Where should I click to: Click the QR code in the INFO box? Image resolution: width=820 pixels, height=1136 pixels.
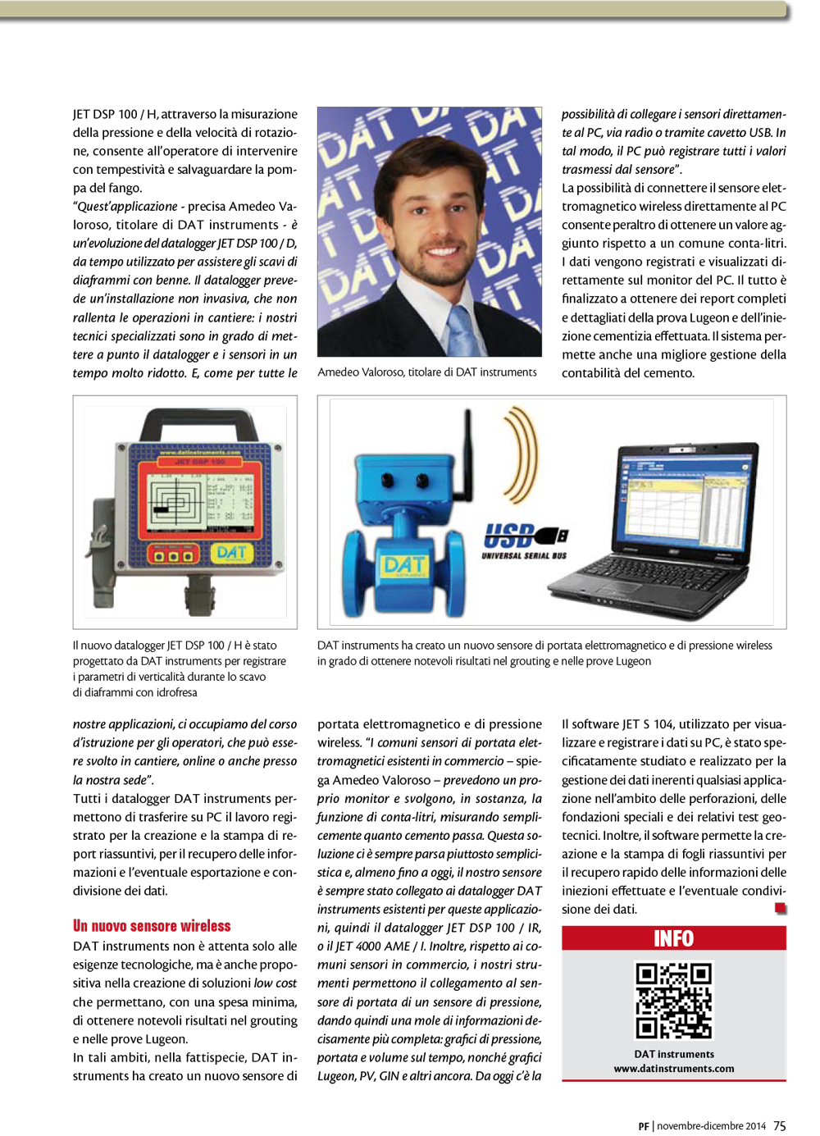click(673, 1001)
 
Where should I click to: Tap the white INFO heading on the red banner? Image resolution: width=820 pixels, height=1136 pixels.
click(673, 938)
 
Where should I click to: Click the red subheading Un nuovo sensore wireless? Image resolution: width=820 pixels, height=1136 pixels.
click(152, 926)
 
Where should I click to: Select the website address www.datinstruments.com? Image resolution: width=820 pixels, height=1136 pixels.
click(673, 1069)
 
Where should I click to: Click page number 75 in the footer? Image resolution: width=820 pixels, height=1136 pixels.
click(779, 1126)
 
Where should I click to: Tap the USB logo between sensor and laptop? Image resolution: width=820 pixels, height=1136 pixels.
click(525, 538)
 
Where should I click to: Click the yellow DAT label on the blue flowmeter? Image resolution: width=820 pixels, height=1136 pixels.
click(404, 565)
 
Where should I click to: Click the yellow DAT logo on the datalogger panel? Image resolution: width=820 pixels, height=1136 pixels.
click(232, 553)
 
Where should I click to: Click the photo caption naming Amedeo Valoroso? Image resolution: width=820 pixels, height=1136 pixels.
click(426, 372)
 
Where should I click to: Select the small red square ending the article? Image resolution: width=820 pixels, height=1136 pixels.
click(780, 908)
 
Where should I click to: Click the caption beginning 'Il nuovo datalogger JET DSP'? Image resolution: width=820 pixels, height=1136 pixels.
click(180, 668)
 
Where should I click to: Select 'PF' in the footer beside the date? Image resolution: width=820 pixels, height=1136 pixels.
click(644, 1126)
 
